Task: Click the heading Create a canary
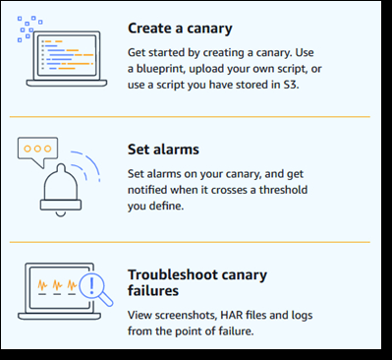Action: tap(180, 29)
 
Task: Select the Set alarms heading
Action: tap(163, 150)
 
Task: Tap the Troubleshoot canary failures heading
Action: tap(197, 282)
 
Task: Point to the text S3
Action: tap(291, 85)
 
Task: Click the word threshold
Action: tap(283, 190)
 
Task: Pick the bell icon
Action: tap(61, 190)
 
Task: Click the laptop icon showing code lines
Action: tap(67, 59)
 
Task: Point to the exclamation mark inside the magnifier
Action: tap(92, 285)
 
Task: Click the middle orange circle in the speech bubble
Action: tap(37, 149)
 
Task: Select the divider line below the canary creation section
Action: tap(190, 116)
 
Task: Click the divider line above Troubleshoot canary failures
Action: tap(190, 242)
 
